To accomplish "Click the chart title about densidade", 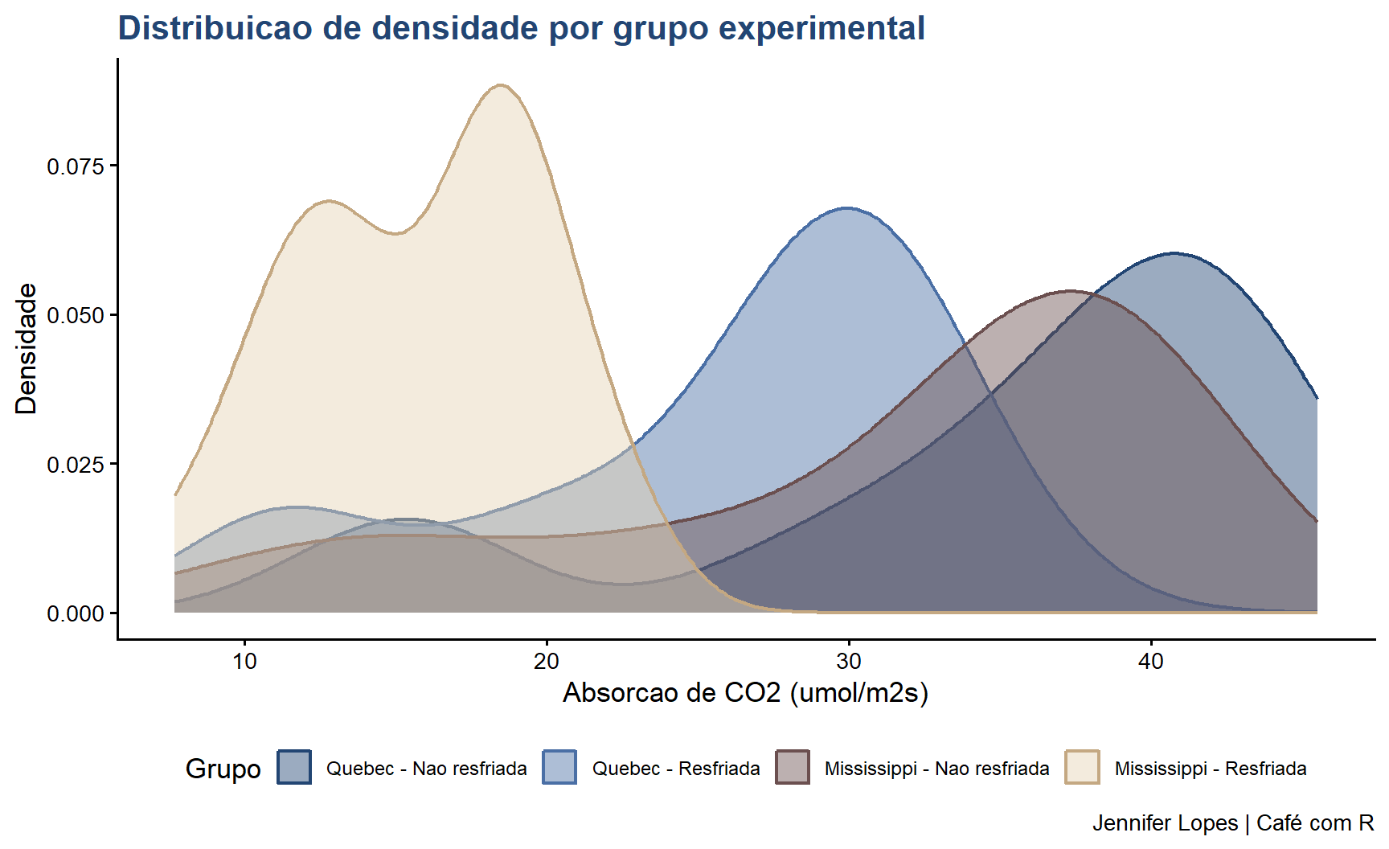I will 521,28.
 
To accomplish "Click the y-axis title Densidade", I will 27,348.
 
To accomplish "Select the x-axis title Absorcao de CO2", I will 745,692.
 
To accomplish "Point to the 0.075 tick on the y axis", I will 76,166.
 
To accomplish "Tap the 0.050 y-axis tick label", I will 76,315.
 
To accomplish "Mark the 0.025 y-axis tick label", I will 76,465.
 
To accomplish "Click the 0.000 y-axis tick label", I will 76,613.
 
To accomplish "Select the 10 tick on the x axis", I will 244,662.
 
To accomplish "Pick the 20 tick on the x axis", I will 547,662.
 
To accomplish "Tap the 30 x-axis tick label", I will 849,662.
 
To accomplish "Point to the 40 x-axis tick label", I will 1151,662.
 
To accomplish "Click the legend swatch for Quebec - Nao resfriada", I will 294,767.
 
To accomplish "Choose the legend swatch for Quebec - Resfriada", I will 559,767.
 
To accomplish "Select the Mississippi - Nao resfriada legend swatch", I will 793,767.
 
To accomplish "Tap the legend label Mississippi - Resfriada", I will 1210,769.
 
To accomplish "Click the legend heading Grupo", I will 223,769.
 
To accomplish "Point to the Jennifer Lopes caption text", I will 1233,823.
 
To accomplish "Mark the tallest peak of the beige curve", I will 501,84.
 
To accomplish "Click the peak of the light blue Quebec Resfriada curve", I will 846,208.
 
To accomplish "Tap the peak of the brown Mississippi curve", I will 1070,291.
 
